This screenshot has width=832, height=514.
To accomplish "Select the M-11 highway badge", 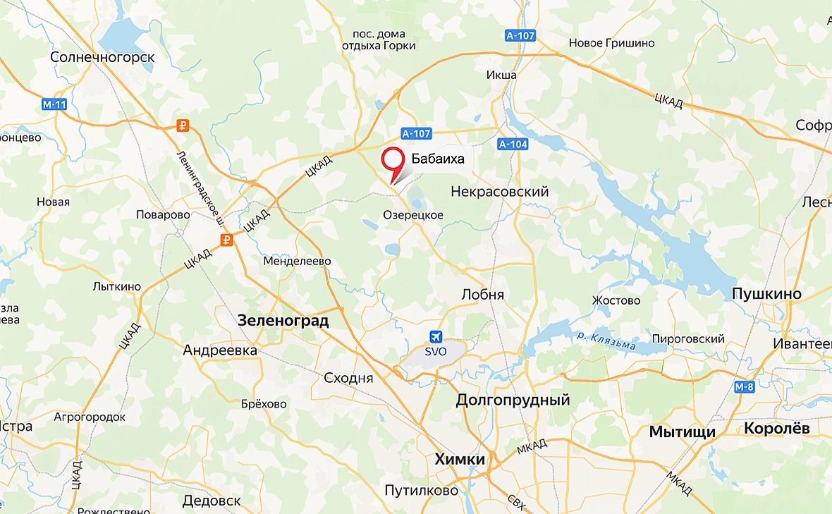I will pyautogui.click(x=54, y=105).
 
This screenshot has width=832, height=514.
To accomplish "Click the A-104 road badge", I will pyautogui.click(x=513, y=144).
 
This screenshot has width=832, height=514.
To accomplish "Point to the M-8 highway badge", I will pyautogui.click(x=745, y=386).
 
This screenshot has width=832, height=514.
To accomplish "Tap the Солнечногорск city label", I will pyautogui.click(x=102, y=57).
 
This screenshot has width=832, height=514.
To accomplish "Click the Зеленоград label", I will pyautogui.click(x=283, y=321).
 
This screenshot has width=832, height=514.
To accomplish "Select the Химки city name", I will pyautogui.click(x=460, y=460).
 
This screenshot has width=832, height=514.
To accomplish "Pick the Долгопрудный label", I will pyautogui.click(x=513, y=400).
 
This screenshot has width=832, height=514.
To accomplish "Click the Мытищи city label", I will pyautogui.click(x=683, y=432).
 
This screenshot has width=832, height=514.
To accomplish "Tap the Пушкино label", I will pyautogui.click(x=767, y=294).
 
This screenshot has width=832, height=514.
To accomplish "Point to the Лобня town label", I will pyautogui.click(x=482, y=295).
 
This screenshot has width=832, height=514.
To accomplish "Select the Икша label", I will pyautogui.click(x=501, y=75).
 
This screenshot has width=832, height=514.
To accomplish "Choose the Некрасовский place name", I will pyautogui.click(x=499, y=192).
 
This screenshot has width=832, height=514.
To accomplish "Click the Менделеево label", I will pyautogui.click(x=297, y=261).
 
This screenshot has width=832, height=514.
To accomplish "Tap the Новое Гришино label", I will pyautogui.click(x=611, y=43).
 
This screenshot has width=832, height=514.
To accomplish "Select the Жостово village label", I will pyautogui.click(x=616, y=300).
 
